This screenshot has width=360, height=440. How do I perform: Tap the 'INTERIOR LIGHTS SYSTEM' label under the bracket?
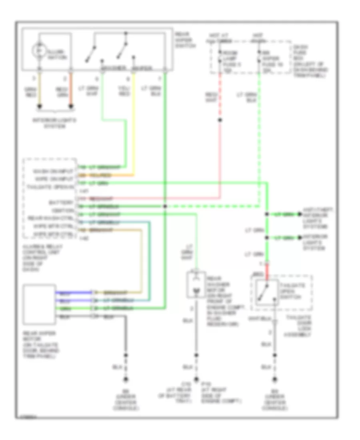54,123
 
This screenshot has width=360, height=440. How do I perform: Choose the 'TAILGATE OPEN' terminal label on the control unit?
50,187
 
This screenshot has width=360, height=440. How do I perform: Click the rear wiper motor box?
39,304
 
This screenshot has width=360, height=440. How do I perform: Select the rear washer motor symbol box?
196,285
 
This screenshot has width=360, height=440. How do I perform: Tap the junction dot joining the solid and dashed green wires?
165,207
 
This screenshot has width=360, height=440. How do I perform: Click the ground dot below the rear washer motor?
196,379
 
